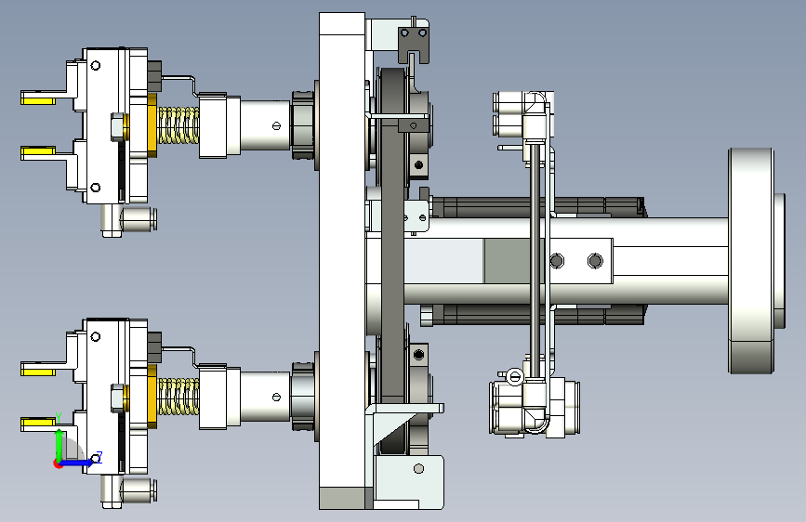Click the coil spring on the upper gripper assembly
178,124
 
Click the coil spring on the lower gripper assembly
178,396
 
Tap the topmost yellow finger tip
38,98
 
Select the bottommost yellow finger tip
38,424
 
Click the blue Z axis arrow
77,463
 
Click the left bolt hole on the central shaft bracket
557,261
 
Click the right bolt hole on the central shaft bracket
595,261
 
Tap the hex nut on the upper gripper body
118,127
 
